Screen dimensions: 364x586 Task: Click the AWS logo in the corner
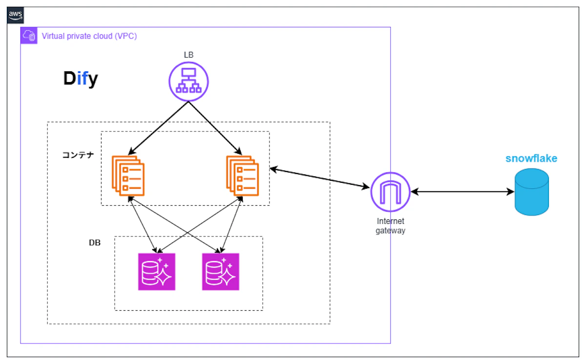pyautogui.click(x=16, y=16)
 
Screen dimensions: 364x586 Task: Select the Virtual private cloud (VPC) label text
pyautogui.click(x=89, y=36)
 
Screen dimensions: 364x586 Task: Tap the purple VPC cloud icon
pyautogui.click(x=29, y=36)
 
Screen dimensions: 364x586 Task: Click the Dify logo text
pyautogui.click(x=81, y=79)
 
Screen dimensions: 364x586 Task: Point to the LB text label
pyautogui.click(x=188, y=55)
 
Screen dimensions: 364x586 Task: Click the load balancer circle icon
pyautogui.click(x=189, y=82)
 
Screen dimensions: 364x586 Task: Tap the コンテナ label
pyautogui.click(x=78, y=155)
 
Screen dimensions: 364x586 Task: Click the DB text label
pyautogui.click(x=95, y=242)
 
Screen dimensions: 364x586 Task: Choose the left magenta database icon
pyautogui.click(x=156, y=272)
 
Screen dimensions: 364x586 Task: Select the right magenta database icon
pyautogui.click(x=221, y=272)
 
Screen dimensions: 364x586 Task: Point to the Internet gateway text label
pyautogui.click(x=390, y=226)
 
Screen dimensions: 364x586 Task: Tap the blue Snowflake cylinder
pyautogui.click(x=532, y=192)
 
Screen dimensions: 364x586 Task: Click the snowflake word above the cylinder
pyautogui.click(x=531, y=159)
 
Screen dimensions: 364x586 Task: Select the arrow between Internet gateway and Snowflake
pyautogui.click(x=462, y=192)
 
